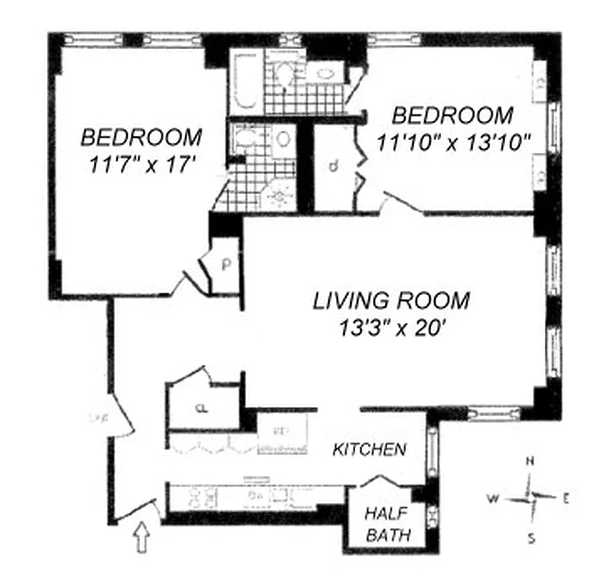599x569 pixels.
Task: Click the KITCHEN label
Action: tap(369, 450)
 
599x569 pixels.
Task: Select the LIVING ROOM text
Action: tap(392, 300)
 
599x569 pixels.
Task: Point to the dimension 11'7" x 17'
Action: tap(142, 164)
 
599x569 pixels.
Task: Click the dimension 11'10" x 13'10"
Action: tap(454, 143)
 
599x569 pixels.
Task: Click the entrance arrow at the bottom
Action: tap(143, 537)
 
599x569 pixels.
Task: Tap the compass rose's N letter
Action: tap(529, 461)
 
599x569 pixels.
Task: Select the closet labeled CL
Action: tap(202, 408)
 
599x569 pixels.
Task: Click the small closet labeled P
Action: tap(227, 265)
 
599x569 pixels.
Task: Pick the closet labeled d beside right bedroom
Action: tap(333, 168)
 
